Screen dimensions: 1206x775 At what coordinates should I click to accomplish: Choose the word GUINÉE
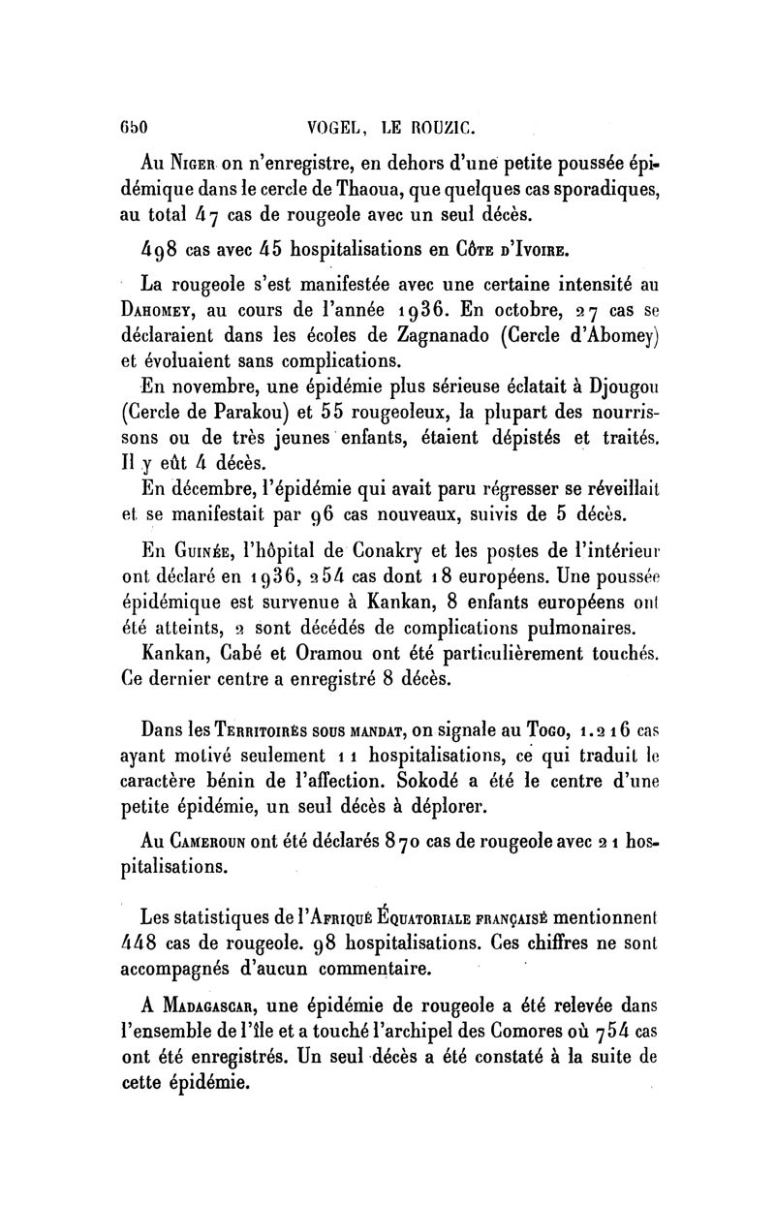tap(210, 556)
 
